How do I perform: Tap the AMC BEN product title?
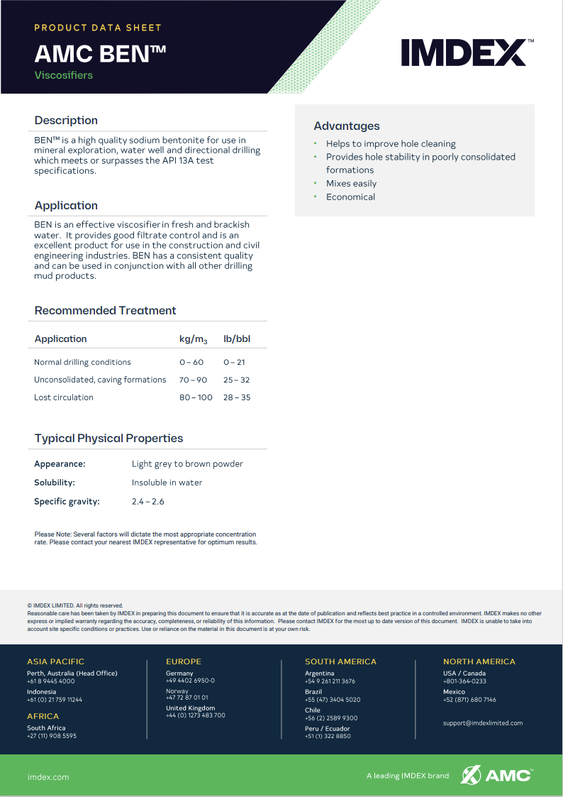100,54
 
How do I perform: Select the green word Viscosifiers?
64,75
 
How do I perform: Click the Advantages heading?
347,126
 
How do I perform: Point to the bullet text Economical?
350,197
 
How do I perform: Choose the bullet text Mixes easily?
351,183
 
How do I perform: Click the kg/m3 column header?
193,339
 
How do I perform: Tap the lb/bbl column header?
237,339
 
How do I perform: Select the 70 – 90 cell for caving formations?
193,380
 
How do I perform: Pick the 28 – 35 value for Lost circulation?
236,397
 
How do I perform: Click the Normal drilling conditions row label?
82,362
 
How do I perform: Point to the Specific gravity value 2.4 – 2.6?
147,501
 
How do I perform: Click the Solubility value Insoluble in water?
167,483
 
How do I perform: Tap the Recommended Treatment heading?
105,310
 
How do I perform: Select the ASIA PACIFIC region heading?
55,661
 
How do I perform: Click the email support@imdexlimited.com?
482,723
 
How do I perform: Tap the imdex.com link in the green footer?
48,776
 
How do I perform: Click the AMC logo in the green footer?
497,774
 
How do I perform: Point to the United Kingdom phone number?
196,715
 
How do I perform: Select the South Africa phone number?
52,736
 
